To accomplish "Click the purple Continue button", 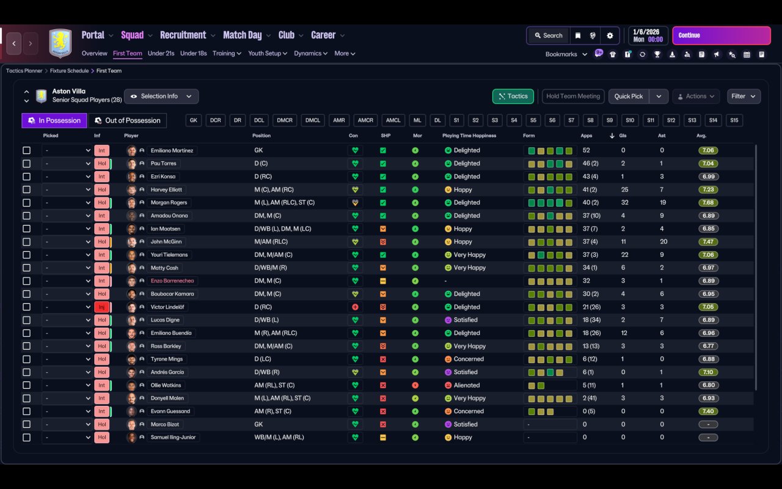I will (721, 35).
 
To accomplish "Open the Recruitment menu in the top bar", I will (183, 35).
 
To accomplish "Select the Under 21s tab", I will (161, 53).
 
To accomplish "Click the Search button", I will (547, 35).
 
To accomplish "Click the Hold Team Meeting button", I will (573, 96).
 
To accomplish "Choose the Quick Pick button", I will (629, 96).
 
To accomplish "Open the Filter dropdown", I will (744, 96).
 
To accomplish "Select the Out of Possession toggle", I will (128, 120).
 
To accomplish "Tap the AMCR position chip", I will (365, 120).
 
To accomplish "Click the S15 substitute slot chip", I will (734, 120).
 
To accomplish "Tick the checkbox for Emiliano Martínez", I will (26, 150).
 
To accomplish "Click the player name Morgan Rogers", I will (169, 202).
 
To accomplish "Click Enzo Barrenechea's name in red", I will (172, 281).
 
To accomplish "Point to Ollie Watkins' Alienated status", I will (467, 385).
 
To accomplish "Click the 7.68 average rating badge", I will (709, 202).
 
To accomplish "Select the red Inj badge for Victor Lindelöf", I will (101, 307).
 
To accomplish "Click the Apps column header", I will (586, 136).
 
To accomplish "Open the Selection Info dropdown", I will (161, 96).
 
